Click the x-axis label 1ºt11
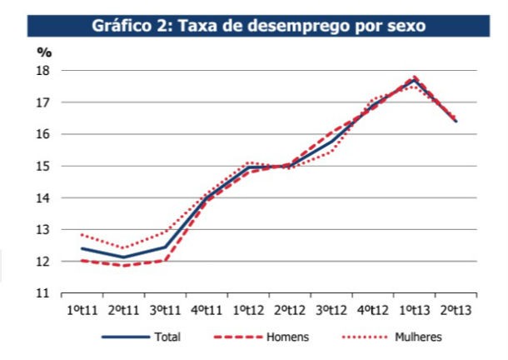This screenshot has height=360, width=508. point(82,311)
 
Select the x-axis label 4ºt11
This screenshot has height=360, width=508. point(207,311)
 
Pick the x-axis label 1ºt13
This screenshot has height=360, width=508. point(414,311)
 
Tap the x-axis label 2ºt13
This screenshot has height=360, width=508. point(456,311)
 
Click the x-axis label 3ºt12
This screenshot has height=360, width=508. point(331,311)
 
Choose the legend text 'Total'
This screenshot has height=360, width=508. point(167,337)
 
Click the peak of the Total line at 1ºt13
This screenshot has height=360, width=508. point(415,80)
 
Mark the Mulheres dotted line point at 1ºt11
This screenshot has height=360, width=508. point(82,234)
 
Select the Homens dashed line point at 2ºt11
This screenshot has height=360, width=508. point(123,266)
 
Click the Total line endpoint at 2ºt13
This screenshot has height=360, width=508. point(456,122)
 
